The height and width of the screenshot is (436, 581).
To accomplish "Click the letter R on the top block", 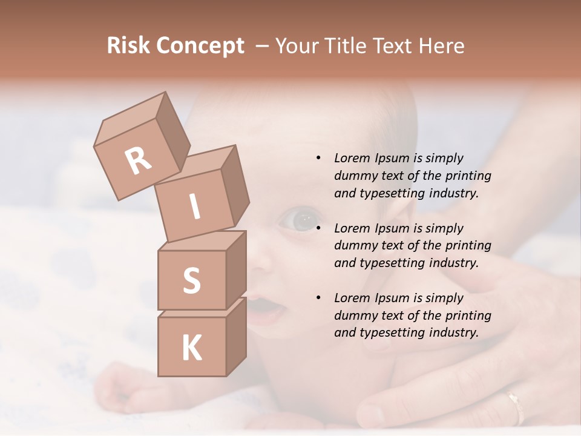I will click(x=139, y=160).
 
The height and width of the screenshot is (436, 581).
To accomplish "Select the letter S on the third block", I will click(x=191, y=280).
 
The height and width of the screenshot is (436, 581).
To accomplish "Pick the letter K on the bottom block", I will click(x=192, y=348).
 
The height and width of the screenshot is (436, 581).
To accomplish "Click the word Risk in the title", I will click(x=128, y=46).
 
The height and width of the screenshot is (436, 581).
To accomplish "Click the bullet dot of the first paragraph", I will click(x=318, y=159).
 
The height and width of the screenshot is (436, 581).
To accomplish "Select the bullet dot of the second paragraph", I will click(x=318, y=228).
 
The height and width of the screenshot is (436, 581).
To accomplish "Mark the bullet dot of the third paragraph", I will click(x=318, y=298).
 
